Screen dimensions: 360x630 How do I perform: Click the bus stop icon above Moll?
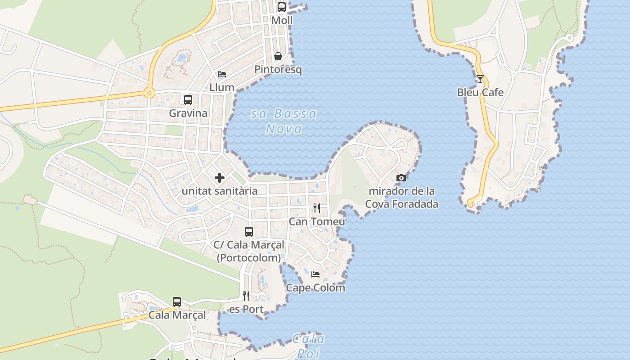282,7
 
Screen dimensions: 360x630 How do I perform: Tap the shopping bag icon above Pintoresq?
278,56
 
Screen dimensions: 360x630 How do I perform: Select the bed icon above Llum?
221,74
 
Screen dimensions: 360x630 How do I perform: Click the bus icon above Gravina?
188,100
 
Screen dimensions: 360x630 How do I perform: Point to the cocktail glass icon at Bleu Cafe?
480,79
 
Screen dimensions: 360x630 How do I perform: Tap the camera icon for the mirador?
401,178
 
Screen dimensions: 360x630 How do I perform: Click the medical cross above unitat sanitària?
220,178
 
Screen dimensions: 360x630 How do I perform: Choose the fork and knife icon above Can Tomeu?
317,208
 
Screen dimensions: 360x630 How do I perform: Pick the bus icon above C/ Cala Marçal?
249,232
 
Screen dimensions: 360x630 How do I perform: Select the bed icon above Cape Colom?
315,274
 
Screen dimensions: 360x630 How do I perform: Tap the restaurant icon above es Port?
246,296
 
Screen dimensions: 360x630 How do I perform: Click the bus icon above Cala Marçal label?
177,301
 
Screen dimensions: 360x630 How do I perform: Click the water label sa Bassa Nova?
283,121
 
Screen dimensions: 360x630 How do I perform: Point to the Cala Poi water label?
309,346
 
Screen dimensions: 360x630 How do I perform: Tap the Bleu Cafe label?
480,92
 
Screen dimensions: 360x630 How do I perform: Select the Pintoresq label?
278,70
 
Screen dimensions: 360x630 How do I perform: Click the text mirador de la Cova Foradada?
401,198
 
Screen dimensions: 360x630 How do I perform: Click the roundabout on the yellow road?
149,94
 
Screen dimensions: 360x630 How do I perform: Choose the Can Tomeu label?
317,221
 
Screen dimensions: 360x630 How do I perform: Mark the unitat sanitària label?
220,191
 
